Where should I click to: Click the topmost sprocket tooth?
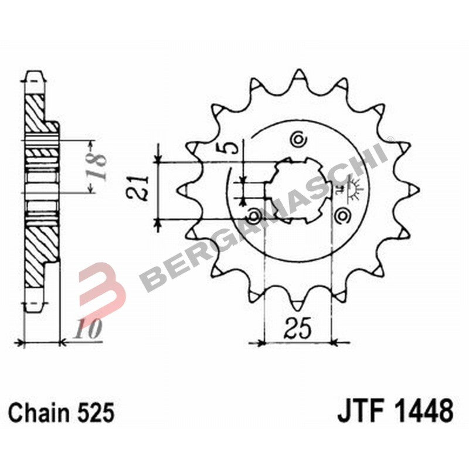pos(299,77)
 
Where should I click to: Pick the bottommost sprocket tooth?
pos(298,301)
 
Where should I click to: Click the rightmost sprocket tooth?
pos(412,189)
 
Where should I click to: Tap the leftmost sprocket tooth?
pos(183,189)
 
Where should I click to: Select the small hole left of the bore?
pos(254,216)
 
